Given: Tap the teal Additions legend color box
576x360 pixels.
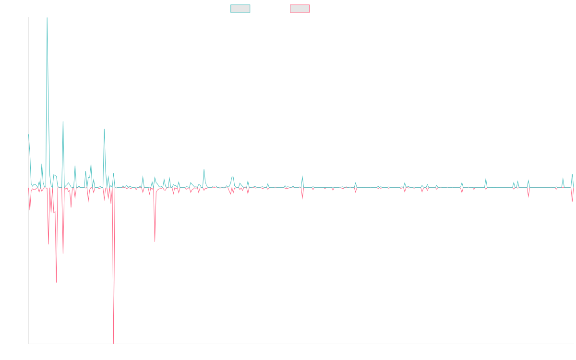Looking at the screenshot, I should (x=240, y=9).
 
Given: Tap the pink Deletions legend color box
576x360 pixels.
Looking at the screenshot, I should (x=300, y=9).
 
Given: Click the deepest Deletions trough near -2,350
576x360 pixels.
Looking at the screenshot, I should (x=114, y=343).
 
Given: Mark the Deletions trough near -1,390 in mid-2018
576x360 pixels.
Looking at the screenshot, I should (x=57, y=282).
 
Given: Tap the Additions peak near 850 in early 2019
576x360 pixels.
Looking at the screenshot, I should (x=104, y=129).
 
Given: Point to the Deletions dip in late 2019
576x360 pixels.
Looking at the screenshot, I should (x=155, y=241).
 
